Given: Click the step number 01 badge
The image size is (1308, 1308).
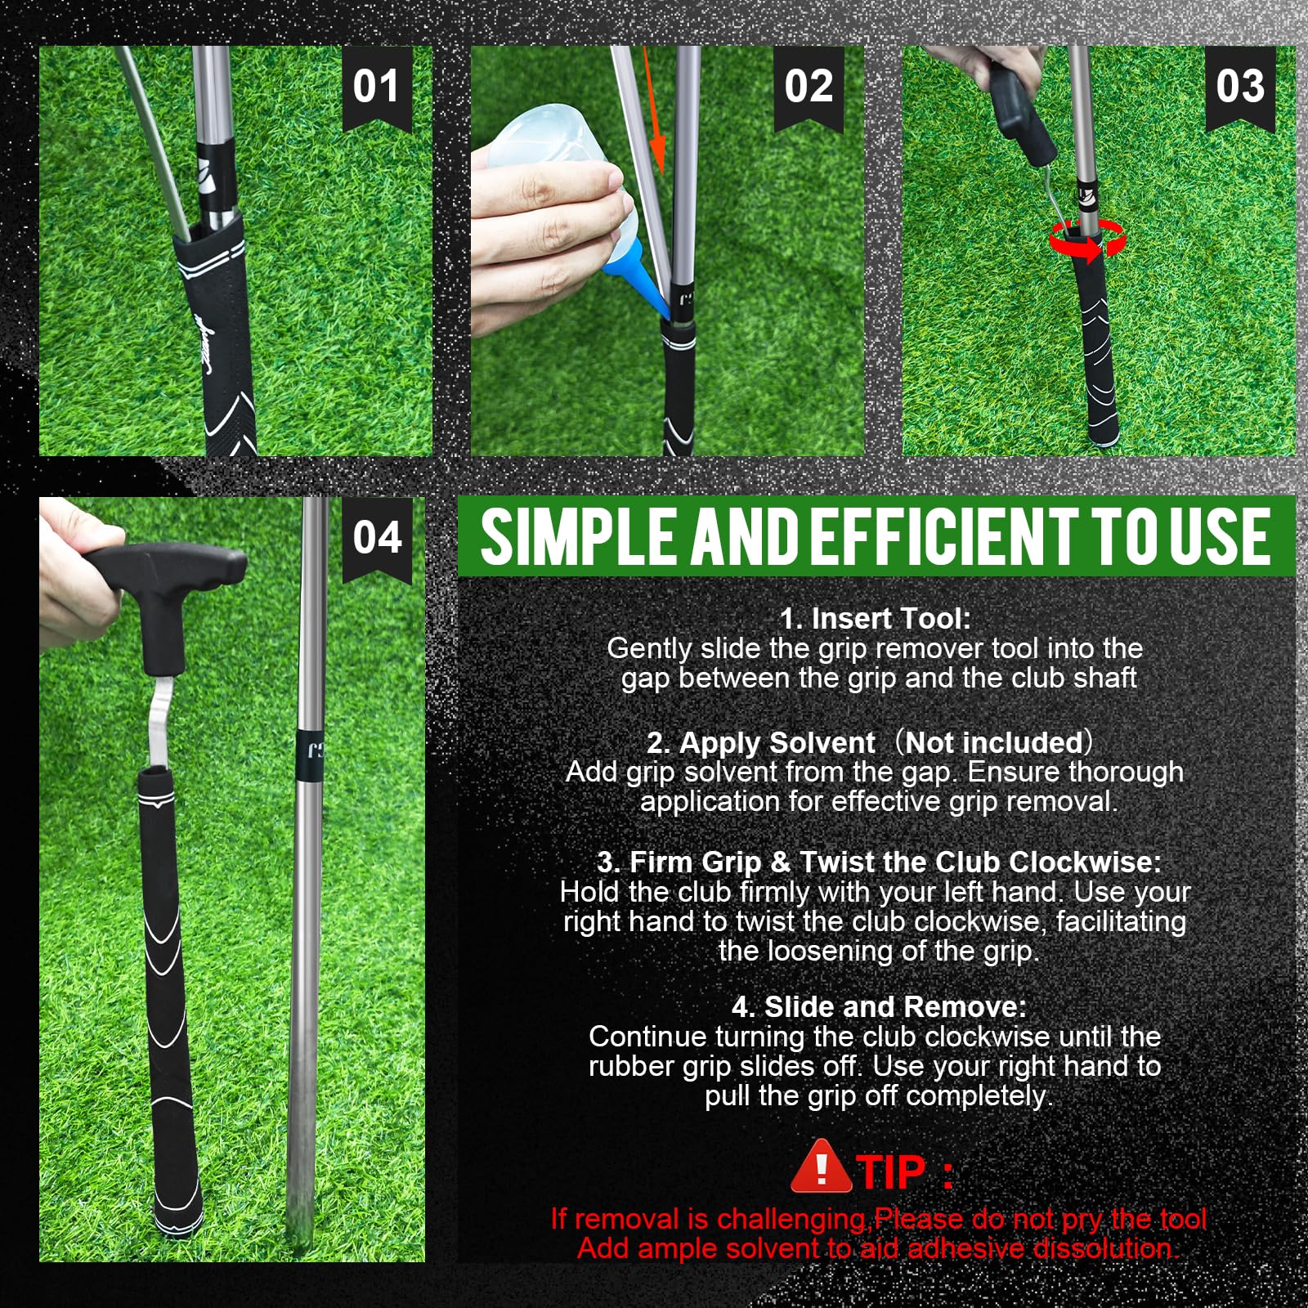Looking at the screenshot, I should (377, 87).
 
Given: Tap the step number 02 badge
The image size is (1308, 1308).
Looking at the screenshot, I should (809, 87).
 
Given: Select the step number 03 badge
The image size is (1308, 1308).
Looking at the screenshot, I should (1240, 87).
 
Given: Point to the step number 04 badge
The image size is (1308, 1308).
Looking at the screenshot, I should (377, 538).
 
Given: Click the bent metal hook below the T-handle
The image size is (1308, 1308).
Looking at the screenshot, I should (163, 719).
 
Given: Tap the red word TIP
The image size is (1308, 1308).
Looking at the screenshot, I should (891, 1172).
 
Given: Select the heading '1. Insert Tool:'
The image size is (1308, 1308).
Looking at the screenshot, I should (875, 619).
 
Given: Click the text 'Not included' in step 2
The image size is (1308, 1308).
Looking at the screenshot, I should (993, 742).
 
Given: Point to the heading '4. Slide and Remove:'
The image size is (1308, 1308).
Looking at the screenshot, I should (878, 1006).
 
